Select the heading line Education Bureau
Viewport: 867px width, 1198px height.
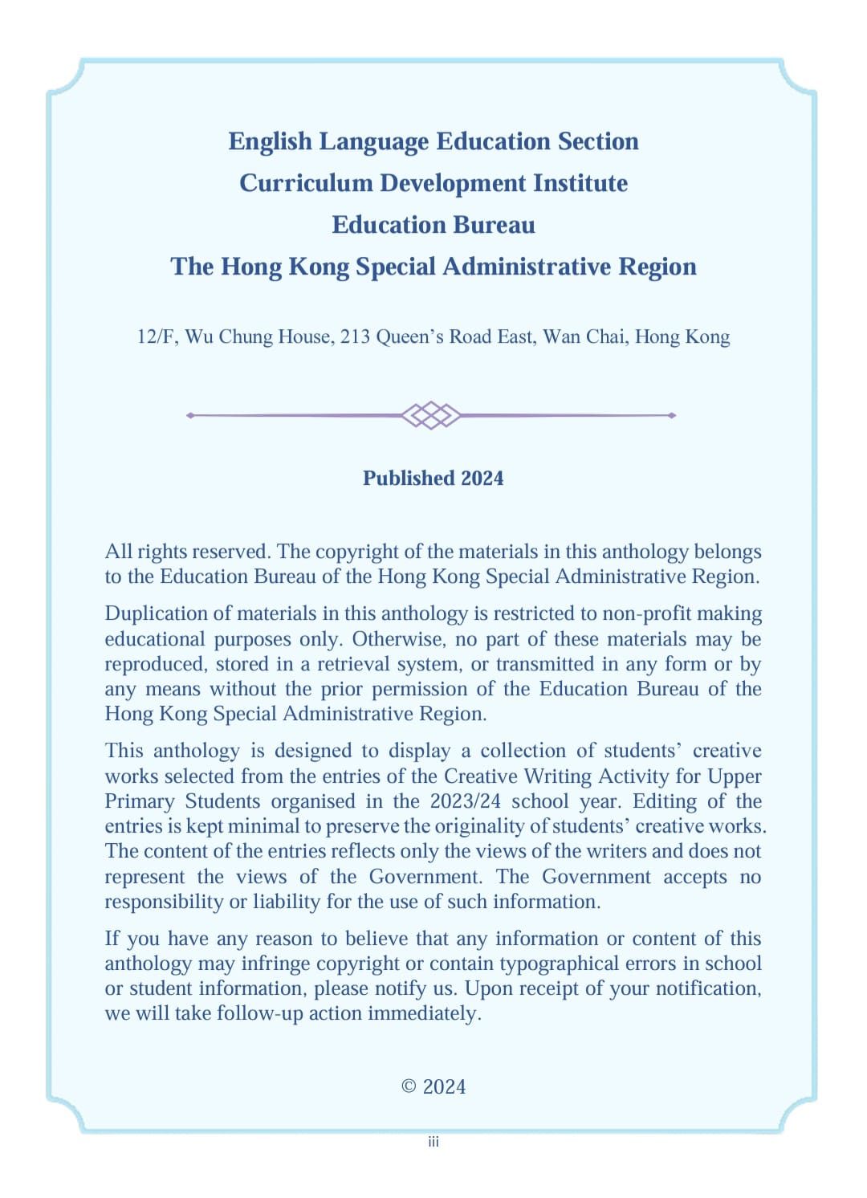(433, 225)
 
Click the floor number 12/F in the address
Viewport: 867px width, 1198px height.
(157, 336)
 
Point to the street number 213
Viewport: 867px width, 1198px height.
(355, 336)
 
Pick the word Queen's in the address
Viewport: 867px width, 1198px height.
(409, 336)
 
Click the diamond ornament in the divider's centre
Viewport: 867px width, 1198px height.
(431, 415)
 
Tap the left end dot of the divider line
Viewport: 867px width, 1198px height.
(190, 415)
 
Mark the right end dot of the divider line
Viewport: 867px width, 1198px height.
(672, 415)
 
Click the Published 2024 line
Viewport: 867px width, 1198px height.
(433, 479)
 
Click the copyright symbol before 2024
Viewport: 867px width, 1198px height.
(409, 1086)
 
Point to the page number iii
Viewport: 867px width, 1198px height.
(433, 1142)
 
